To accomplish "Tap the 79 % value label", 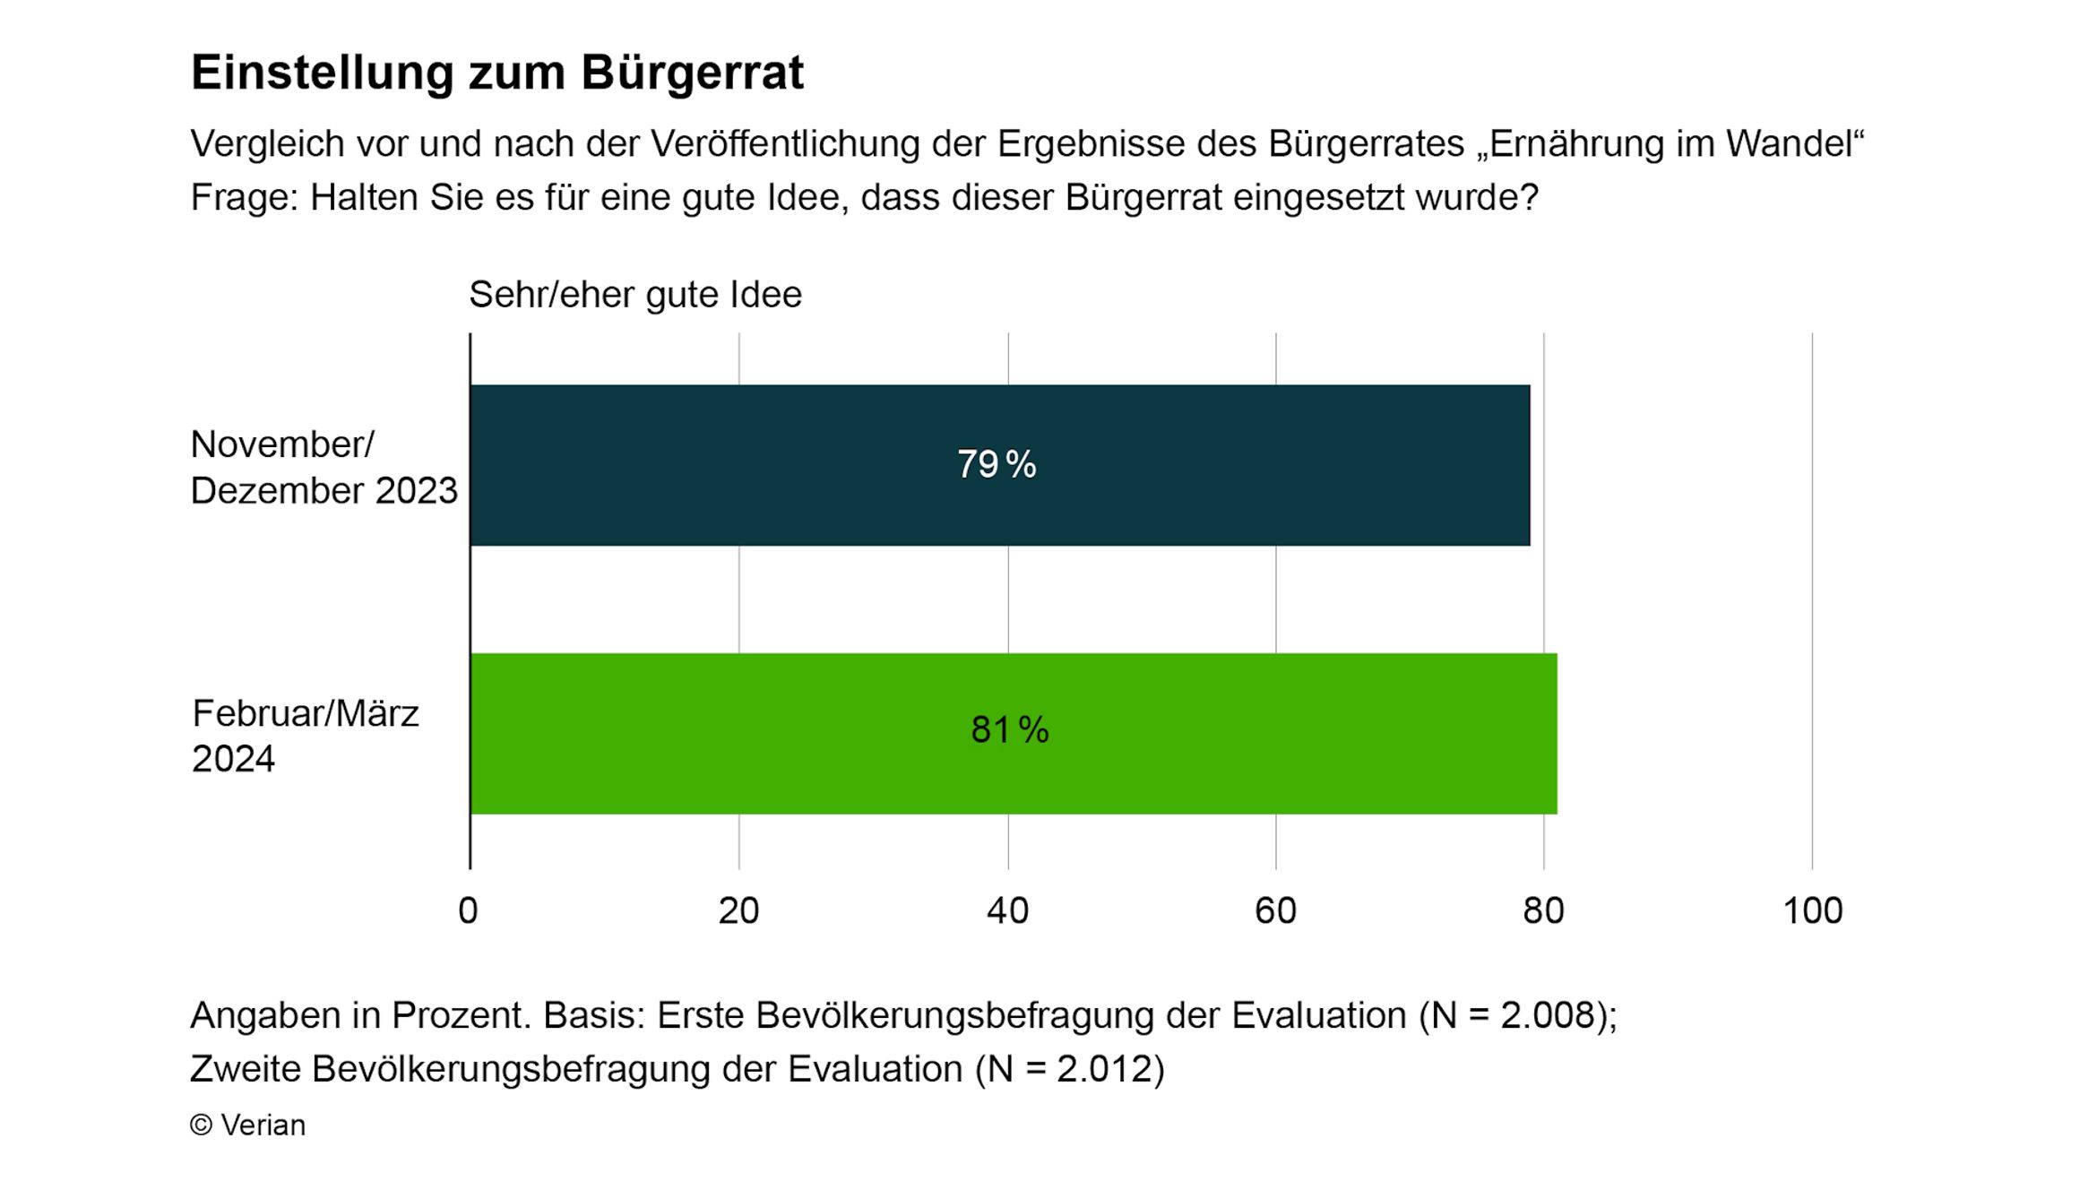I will [x=997, y=464].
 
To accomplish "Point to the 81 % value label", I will [x=1009, y=729].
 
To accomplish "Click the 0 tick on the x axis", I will [x=468, y=910].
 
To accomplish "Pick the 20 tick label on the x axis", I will [x=738, y=910].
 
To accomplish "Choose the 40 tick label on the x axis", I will [x=1007, y=910].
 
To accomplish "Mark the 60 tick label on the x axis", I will [x=1275, y=910].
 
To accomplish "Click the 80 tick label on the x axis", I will [x=1543, y=910].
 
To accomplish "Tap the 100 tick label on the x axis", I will [x=1812, y=910].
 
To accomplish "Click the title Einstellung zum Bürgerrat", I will [x=497, y=72].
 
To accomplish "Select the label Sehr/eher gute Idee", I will [x=635, y=294].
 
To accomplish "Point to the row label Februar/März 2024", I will [x=305, y=736].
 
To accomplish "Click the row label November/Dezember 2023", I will [x=324, y=467].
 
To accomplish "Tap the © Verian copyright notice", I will [x=248, y=1125].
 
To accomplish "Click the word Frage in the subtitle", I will [x=243, y=197].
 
